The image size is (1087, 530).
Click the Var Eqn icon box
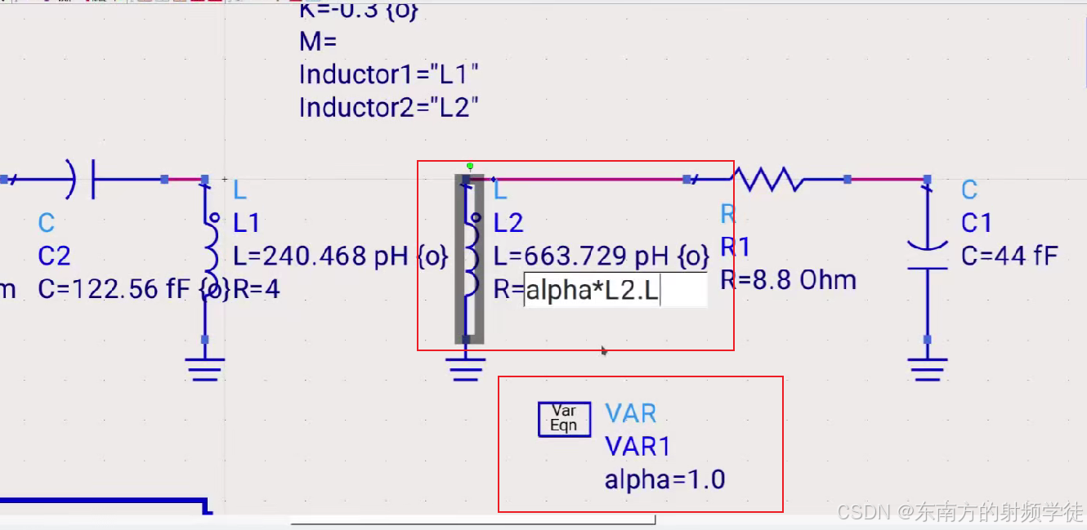[x=564, y=419]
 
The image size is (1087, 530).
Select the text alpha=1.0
[x=664, y=479]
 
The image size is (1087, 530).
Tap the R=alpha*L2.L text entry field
[x=615, y=291]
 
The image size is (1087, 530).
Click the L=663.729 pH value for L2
[x=602, y=256]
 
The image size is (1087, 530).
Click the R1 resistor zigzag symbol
[x=767, y=178]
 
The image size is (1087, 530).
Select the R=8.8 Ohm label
[x=788, y=281]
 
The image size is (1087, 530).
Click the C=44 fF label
[x=1009, y=256]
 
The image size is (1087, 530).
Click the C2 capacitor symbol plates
[x=84, y=179]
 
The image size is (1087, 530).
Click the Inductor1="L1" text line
[x=388, y=74]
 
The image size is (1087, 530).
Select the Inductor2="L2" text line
[x=388, y=107]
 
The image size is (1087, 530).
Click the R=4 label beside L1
[x=257, y=289]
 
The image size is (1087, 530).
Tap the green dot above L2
[x=470, y=166]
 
